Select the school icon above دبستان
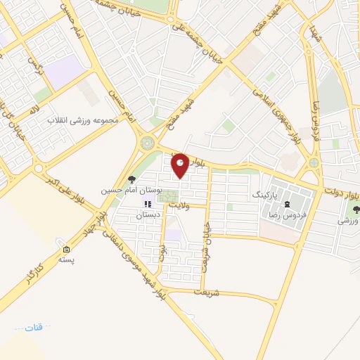click(147, 204)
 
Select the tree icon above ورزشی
click(355, 208)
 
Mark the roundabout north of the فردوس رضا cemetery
click(313, 163)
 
